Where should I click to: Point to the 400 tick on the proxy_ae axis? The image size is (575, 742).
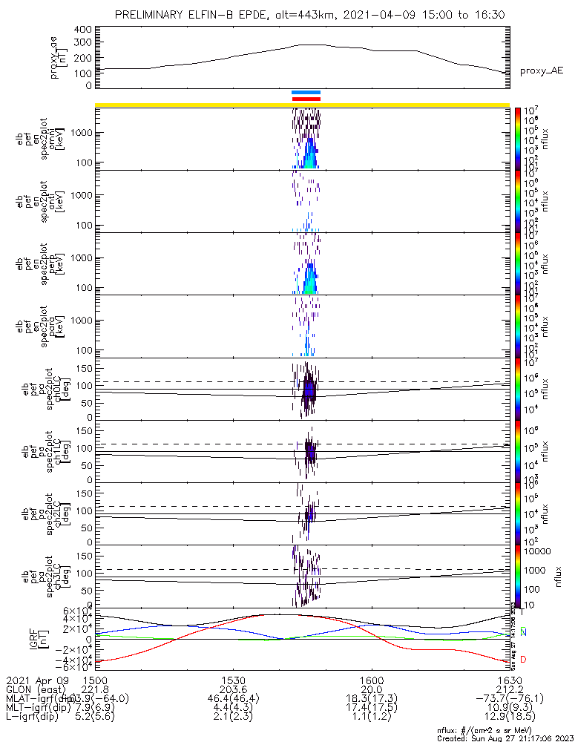click(x=83, y=30)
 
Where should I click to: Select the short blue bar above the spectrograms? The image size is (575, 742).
click(x=306, y=93)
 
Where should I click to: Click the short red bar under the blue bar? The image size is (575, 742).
click(x=306, y=99)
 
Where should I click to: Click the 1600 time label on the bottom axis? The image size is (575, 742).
click(x=371, y=679)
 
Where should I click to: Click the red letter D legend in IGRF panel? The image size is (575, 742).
click(x=523, y=659)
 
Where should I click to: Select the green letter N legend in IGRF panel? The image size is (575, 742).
click(x=523, y=631)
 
